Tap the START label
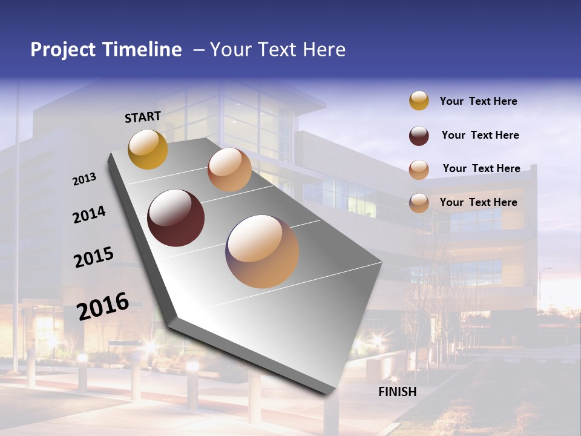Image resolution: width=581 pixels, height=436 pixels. [143, 117]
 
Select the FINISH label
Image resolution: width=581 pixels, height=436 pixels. [397, 392]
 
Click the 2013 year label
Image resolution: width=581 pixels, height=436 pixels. [85, 179]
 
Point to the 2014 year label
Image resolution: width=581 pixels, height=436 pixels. [89, 215]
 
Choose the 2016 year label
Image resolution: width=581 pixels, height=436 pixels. [103, 306]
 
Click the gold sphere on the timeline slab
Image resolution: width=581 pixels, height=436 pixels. [148, 149]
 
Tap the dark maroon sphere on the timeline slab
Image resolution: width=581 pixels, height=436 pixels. [176, 218]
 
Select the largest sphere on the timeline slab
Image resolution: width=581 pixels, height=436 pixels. [262, 251]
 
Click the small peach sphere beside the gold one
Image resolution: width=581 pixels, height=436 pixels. [229, 170]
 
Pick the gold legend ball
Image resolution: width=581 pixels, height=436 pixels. [419, 101]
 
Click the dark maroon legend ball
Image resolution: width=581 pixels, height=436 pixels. [419, 136]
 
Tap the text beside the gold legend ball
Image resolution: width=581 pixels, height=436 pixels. [478, 101]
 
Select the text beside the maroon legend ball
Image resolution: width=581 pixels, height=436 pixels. [480, 135]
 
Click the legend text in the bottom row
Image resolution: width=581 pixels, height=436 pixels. [478, 202]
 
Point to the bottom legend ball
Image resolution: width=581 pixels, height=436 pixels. [419, 203]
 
